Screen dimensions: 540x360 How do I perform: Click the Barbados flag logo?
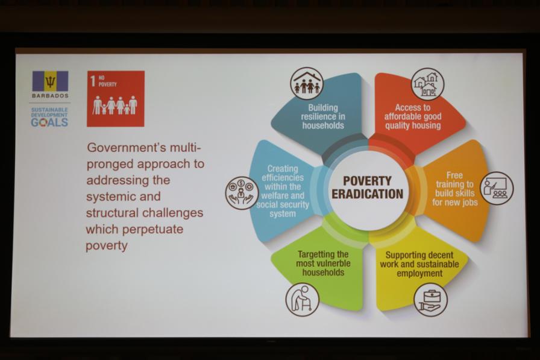[x=50, y=81]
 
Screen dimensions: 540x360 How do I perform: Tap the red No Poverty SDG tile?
[x=116, y=98]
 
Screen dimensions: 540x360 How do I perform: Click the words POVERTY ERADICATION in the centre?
[x=367, y=188]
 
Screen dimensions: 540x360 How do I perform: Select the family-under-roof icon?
[x=307, y=84]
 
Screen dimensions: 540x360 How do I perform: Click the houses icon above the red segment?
[x=427, y=84]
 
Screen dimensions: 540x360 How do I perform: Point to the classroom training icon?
[x=497, y=188]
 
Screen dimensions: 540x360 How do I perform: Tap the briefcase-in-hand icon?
[x=430, y=300]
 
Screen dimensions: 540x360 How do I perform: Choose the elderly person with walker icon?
[x=303, y=299]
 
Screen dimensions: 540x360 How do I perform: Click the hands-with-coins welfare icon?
[x=242, y=193]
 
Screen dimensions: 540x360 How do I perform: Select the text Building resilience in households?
[x=323, y=116]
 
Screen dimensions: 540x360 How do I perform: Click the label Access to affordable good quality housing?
[x=413, y=116]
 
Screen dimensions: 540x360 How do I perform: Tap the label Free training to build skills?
[x=455, y=189]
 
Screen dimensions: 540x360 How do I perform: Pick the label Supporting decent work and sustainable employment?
[x=419, y=264]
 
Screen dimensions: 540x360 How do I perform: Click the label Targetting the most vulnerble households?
[x=324, y=264]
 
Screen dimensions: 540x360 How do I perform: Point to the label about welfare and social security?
[x=283, y=191]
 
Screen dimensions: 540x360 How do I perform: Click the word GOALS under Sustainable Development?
[x=49, y=122]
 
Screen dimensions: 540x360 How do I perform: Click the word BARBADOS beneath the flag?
[x=50, y=96]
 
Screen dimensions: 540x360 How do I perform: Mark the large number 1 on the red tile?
[x=93, y=81]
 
